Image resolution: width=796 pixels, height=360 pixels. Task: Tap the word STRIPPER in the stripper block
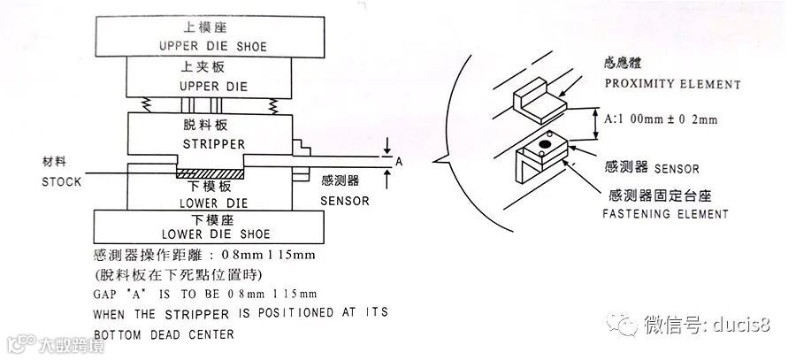(213, 143)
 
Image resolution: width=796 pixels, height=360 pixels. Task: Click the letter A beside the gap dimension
(399, 162)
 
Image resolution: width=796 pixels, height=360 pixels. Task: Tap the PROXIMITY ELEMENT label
(672, 84)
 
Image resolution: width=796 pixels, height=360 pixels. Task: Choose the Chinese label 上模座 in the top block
(213, 27)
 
